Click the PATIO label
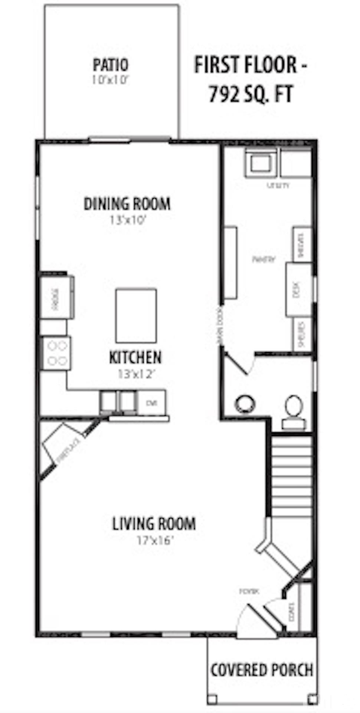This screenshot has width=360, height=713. tap(110, 65)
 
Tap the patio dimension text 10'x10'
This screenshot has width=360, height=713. tap(110, 79)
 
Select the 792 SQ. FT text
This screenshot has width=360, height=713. tap(251, 94)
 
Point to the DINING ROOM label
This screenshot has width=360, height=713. tap(127, 204)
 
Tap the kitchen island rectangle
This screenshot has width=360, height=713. tap(136, 316)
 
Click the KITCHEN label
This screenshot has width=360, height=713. tap(135, 357)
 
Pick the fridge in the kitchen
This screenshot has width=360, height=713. tap(56, 297)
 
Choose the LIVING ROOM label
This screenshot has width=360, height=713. tap(154, 524)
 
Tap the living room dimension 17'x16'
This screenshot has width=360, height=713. tap(155, 540)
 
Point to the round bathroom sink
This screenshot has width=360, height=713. tap(245, 404)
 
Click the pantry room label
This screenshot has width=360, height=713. tap(264, 259)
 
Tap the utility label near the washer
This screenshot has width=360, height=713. tap(278, 185)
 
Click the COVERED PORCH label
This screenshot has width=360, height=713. tap(262, 670)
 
